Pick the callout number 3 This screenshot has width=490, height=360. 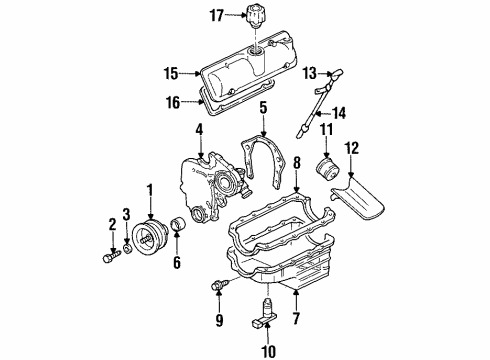pos(125,214)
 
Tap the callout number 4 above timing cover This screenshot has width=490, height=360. pos(200,129)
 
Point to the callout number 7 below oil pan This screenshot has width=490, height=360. pos(296,319)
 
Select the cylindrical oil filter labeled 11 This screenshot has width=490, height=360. pos(325,165)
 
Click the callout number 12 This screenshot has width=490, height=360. pos(351,149)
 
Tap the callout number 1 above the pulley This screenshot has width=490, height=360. pos(151,190)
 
